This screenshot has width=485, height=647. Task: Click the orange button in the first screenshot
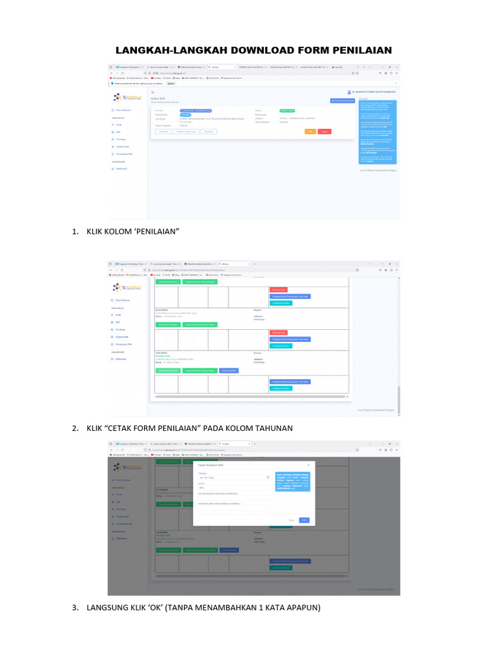click(x=310, y=131)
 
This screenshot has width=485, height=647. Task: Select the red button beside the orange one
click(x=325, y=131)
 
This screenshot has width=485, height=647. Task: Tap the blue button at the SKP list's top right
click(x=341, y=101)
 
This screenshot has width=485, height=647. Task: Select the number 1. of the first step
click(x=75, y=231)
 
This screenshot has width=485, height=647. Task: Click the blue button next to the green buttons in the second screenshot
click(x=229, y=371)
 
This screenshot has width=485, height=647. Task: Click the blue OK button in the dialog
click(x=304, y=520)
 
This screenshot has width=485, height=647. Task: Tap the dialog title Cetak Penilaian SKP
click(x=212, y=465)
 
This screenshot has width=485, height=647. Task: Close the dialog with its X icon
click(x=308, y=465)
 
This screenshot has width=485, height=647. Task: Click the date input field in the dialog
click(x=234, y=478)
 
